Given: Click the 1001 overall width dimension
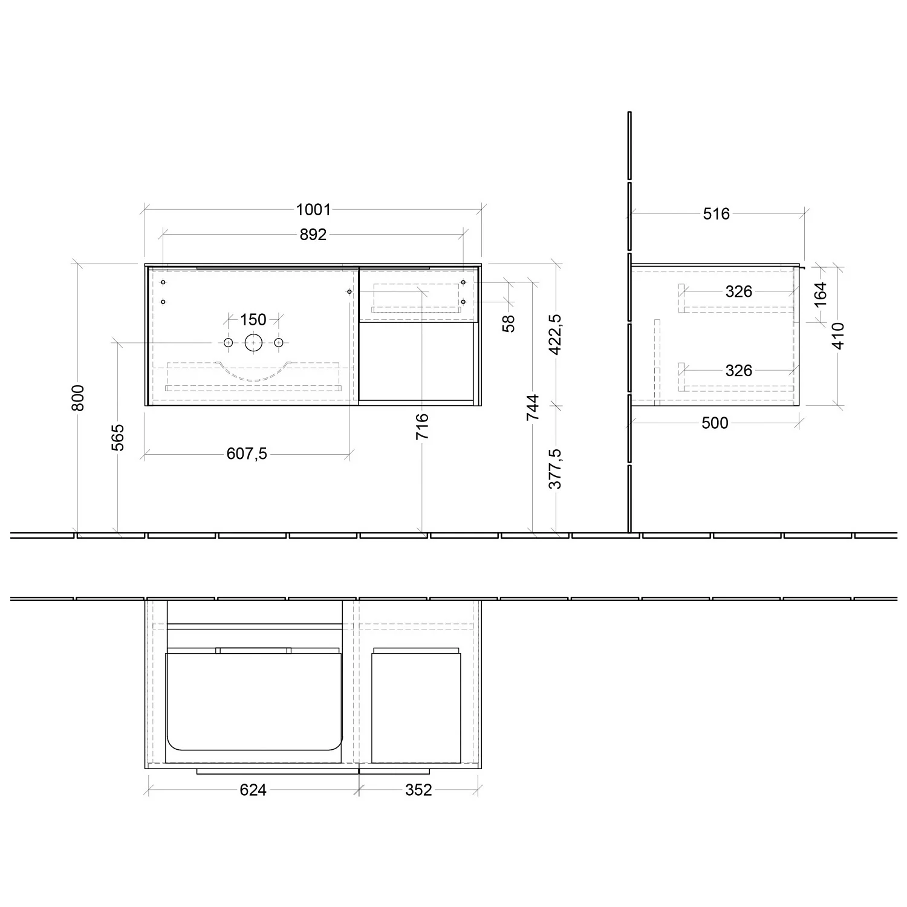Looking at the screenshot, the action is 314,210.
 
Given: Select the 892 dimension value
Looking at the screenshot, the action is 313,235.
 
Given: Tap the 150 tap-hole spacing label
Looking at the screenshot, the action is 253,319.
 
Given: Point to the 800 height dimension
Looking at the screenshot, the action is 78,398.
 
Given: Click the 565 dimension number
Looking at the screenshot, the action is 118,437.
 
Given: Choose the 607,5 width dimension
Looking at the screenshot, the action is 247,453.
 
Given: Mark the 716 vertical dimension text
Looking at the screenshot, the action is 423,426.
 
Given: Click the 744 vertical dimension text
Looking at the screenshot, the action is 533,408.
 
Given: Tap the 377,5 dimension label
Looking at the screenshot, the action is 556,469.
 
